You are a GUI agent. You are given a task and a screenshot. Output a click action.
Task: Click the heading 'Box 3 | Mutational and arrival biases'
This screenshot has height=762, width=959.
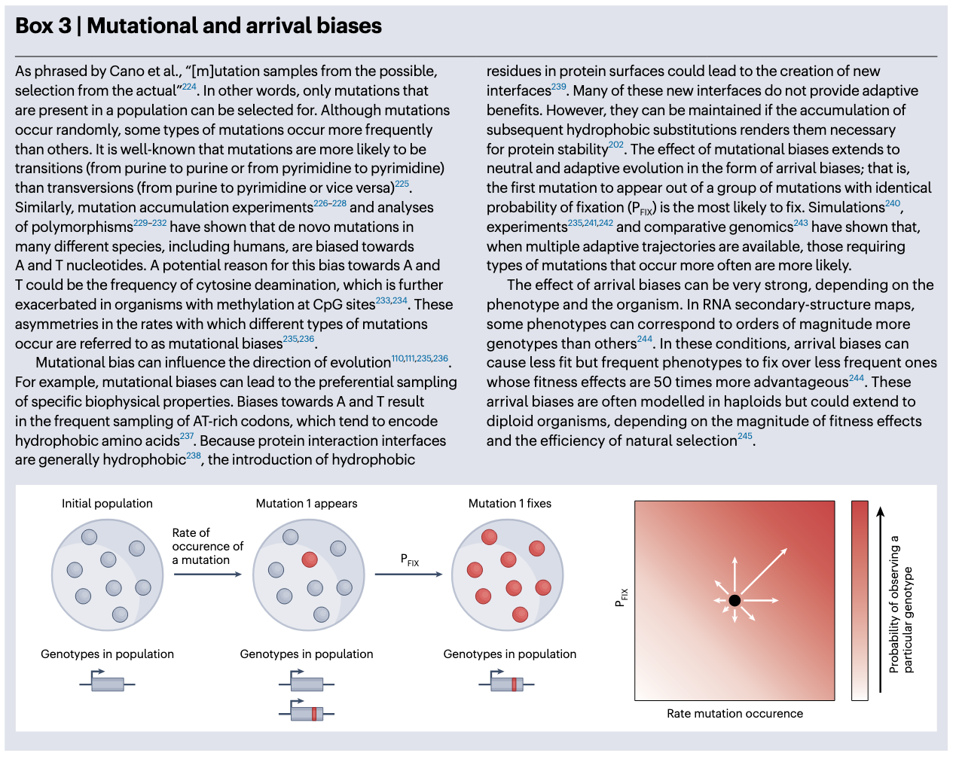[198, 26]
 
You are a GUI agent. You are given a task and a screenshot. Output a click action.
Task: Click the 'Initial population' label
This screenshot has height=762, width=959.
[107, 503]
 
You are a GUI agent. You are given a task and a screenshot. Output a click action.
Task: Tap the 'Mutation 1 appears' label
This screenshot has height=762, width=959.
[307, 503]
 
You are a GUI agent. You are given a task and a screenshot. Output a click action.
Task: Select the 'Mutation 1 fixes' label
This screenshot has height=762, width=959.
[510, 503]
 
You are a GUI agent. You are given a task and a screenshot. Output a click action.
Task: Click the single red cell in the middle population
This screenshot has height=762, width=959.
[310, 559]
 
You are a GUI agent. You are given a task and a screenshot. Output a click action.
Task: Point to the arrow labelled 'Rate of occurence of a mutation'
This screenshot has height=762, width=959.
[207, 575]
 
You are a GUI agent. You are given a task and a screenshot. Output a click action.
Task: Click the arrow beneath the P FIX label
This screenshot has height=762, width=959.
[408, 575]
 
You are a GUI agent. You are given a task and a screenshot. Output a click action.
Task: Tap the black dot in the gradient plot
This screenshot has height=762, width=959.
[735, 600]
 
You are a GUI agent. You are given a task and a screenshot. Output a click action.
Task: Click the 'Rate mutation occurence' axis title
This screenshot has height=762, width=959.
[735, 713]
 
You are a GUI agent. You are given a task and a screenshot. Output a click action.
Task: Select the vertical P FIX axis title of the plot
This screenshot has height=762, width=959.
[622, 598]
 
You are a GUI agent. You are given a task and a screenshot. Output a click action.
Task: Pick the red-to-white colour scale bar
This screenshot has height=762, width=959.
[860, 600]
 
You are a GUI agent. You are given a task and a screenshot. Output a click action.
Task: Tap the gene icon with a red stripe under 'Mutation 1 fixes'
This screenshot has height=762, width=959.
[506, 683]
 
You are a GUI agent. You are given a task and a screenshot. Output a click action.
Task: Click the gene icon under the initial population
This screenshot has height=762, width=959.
[107, 683]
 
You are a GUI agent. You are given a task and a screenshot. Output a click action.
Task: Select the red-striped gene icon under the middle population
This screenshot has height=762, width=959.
[307, 712]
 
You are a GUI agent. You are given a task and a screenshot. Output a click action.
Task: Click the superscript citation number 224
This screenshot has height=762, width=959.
[189, 87]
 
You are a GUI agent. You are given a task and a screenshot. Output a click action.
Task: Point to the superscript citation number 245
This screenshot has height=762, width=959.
[744, 437]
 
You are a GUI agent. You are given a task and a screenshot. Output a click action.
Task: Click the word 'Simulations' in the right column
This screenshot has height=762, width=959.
[846, 207]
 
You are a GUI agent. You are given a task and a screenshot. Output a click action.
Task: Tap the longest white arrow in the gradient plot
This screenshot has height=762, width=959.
[762, 571]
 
